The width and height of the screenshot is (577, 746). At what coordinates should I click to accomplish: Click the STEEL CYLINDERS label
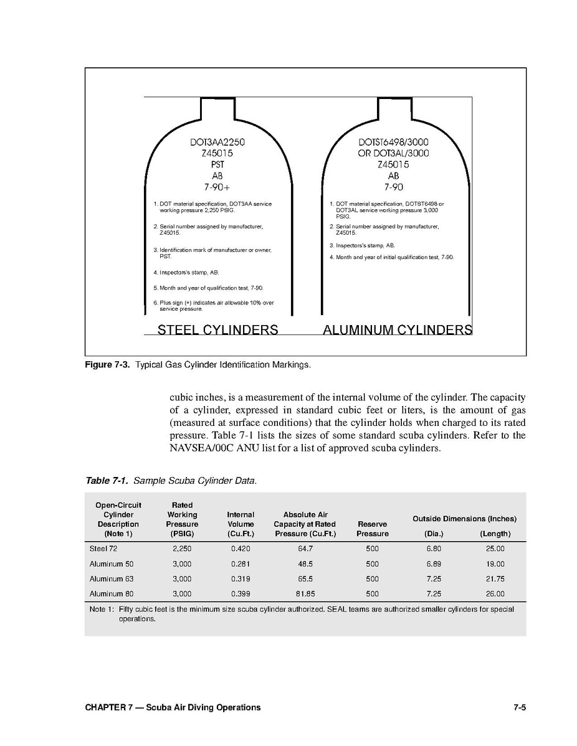click(217, 329)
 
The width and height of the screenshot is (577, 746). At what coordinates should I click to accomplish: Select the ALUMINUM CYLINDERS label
click(398, 329)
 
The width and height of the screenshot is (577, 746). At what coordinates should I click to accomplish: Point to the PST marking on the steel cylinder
click(217, 164)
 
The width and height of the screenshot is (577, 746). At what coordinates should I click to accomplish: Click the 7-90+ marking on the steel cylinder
click(217, 187)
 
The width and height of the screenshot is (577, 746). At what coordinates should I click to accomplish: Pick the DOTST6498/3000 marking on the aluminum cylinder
click(393, 141)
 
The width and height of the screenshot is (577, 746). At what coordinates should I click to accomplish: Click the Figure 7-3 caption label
click(107, 365)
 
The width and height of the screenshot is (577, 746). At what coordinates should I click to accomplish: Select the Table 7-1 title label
click(108, 481)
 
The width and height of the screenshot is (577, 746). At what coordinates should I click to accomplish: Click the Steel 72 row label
click(103, 549)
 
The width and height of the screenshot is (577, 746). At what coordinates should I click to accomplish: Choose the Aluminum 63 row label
click(112, 579)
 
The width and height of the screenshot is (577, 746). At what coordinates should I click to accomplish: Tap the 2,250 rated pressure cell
click(182, 549)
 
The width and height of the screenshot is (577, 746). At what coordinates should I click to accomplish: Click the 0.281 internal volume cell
click(241, 564)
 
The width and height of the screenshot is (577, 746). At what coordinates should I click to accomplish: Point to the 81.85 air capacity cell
click(305, 594)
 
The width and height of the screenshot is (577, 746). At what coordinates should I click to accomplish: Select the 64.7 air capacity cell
click(305, 549)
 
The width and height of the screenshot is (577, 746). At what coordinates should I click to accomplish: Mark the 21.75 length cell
click(495, 579)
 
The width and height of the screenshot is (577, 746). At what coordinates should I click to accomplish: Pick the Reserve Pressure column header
click(373, 529)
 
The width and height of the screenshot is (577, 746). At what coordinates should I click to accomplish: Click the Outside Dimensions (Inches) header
click(464, 519)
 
